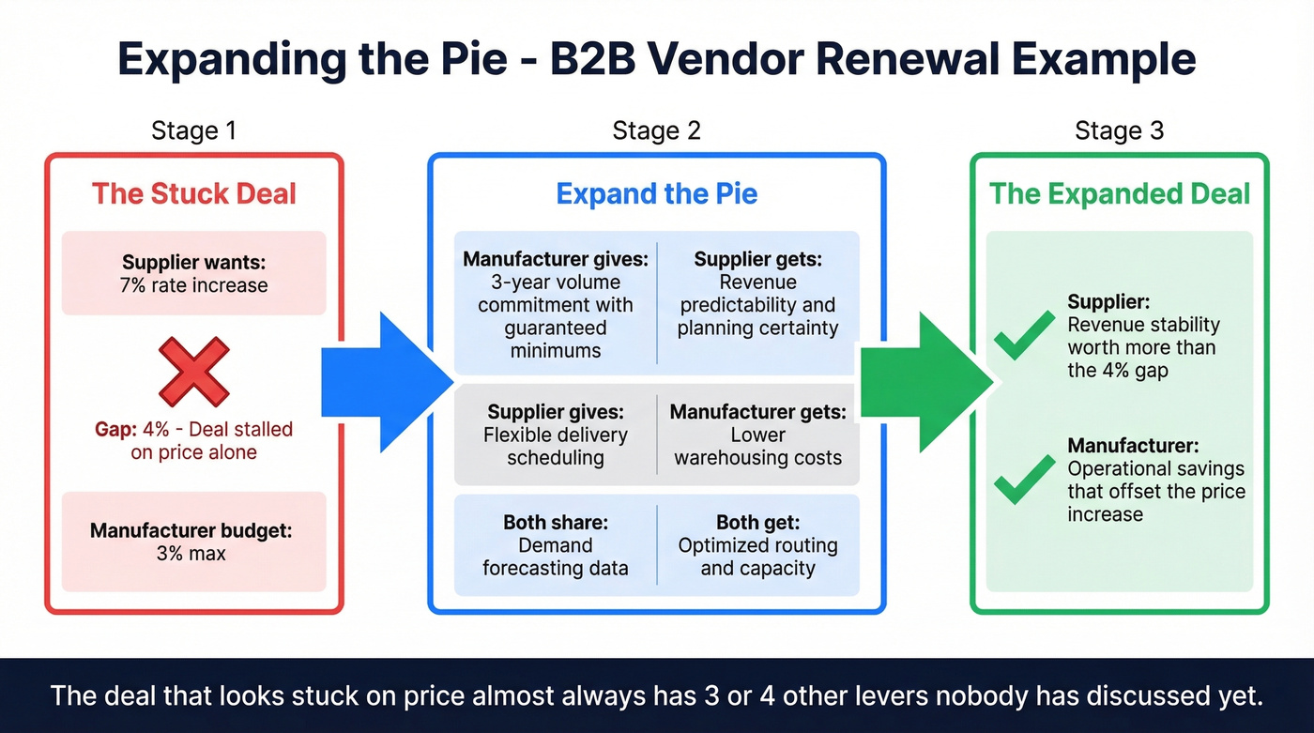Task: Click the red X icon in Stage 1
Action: (193, 372)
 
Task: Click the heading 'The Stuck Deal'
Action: (193, 194)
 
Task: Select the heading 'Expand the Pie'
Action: (656, 194)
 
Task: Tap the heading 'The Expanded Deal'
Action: (1120, 194)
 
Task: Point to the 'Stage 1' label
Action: (193, 130)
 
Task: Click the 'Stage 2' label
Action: (656, 130)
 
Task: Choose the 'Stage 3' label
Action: (1119, 130)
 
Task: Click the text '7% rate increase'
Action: (193, 285)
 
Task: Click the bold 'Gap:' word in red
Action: (115, 430)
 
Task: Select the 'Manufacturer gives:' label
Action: (555, 259)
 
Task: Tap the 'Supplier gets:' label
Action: (757, 259)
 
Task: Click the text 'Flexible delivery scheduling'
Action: (555, 447)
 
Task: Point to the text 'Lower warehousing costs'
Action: (757, 447)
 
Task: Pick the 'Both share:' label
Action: (555, 522)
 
